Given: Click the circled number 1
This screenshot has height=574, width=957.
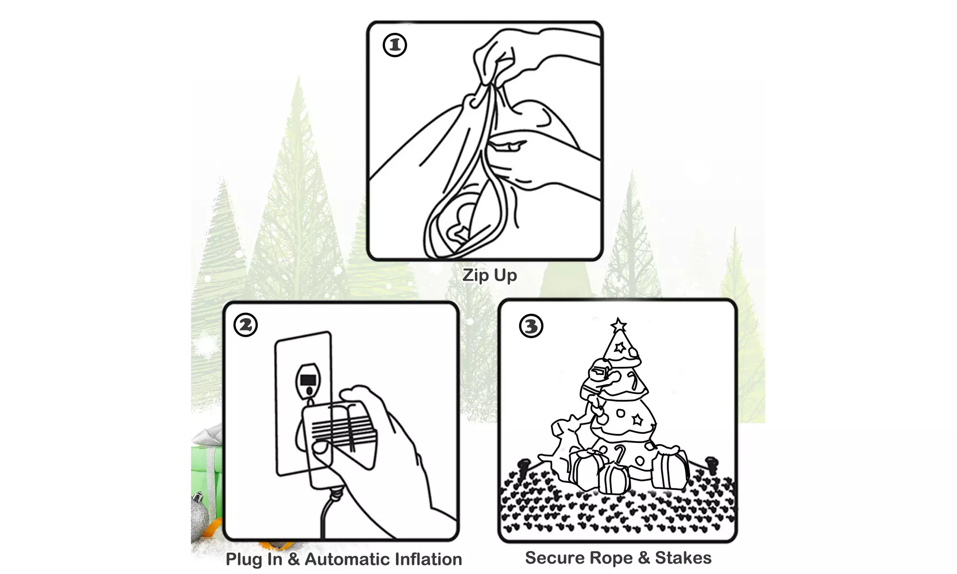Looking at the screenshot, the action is pos(395,45).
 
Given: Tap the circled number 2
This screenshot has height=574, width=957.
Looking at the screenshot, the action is pos(246,325).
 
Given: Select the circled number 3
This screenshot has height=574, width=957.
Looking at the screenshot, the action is pos(531,327).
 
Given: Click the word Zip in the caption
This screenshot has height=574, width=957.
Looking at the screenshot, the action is pos(475,276).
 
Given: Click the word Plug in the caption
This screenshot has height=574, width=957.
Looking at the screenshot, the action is pos(243,560).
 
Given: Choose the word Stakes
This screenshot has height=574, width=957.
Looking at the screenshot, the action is pos(683,558).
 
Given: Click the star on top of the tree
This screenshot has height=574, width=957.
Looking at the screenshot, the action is pos(619,325).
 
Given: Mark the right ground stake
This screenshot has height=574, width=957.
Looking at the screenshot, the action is pos(712,464).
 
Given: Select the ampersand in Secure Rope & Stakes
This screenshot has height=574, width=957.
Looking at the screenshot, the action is pos(644,558).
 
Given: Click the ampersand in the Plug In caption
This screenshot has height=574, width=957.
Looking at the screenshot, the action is pos(294,559).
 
